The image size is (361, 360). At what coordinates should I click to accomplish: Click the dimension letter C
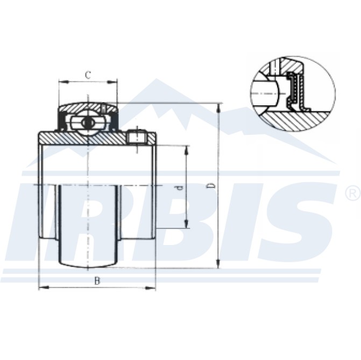[x=88, y=76]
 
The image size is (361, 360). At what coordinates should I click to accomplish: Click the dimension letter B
[x=97, y=280]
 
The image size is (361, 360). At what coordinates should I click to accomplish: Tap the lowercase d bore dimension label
[x=180, y=188]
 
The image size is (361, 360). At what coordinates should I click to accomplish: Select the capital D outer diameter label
[x=211, y=185]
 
